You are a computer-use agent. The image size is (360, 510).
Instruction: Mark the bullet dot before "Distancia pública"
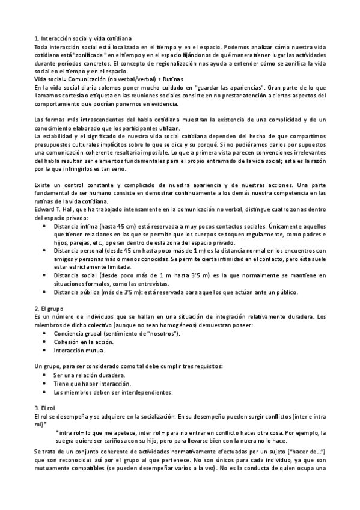[47, 292]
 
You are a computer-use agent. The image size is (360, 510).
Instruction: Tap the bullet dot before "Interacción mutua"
[47, 351]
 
